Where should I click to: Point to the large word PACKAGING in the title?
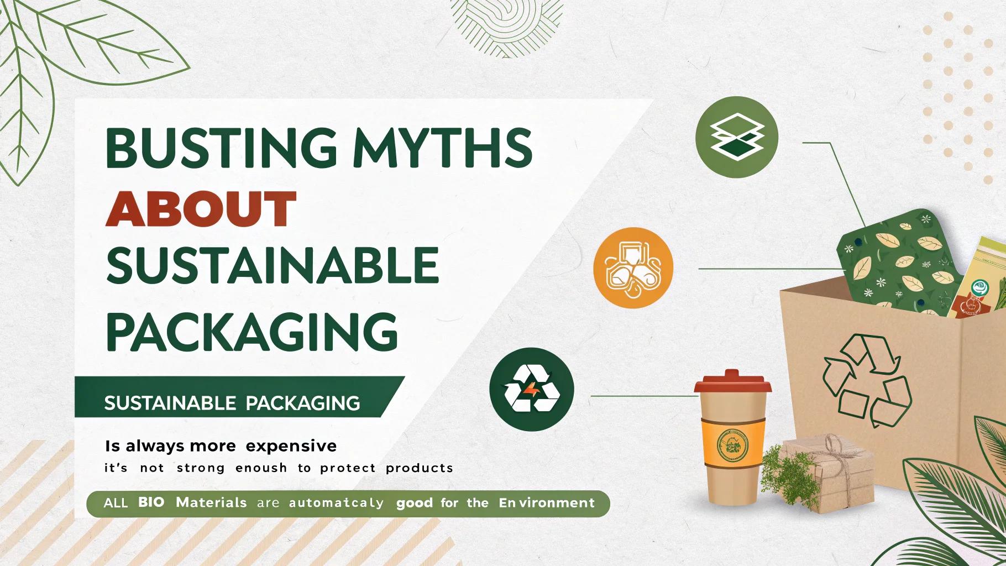(x=252, y=331)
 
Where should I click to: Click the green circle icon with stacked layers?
(x=736, y=137)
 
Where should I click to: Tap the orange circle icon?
(x=633, y=268)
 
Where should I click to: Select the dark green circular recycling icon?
(x=531, y=389)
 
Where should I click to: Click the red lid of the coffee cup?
(x=732, y=382)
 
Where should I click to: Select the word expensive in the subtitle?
(x=291, y=446)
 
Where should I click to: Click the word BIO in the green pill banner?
(x=151, y=502)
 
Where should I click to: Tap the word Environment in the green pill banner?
(x=546, y=503)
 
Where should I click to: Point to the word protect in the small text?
(x=348, y=468)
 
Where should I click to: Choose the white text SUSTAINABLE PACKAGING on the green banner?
(x=232, y=403)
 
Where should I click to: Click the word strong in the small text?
(x=200, y=468)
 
